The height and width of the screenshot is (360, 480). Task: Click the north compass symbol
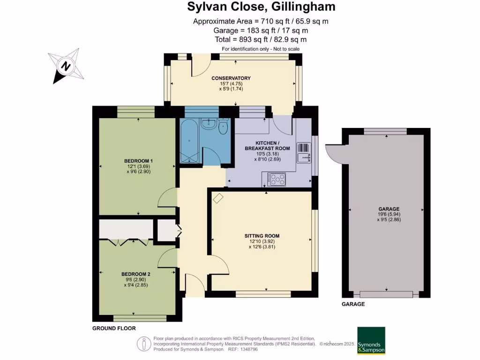(66, 66)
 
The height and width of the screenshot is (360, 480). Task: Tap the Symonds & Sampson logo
(371, 340)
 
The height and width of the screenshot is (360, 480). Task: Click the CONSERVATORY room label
(231, 78)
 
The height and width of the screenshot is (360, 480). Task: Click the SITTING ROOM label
(262, 236)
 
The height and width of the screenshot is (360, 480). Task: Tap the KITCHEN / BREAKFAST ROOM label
(267, 145)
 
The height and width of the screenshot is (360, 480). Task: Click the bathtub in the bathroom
(189, 141)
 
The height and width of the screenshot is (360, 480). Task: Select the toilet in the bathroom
(223, 127)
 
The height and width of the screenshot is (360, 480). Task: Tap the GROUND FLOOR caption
(114, 329)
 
